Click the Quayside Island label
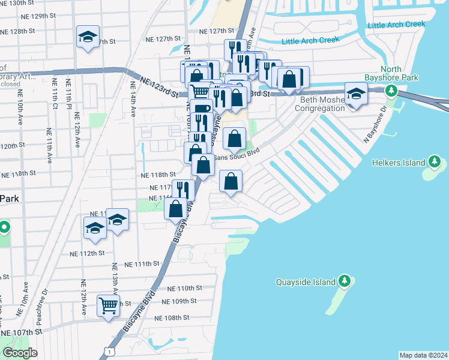305,281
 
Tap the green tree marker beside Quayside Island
344,281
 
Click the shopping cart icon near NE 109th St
108,306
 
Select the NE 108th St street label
172,317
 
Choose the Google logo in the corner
20,353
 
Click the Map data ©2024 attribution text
423,355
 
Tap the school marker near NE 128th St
88,37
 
